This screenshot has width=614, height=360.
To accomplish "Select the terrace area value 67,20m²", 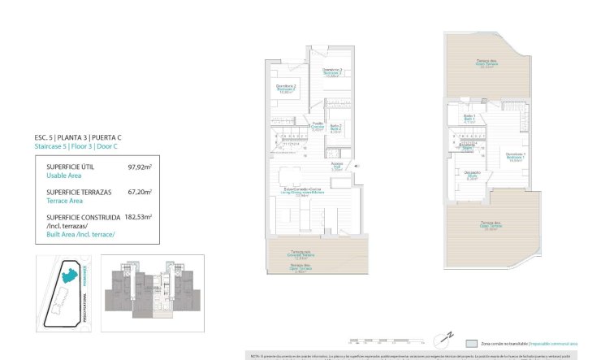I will (141, 193).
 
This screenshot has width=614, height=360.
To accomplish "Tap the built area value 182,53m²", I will (140, 218).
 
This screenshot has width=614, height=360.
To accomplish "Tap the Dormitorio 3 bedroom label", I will (331, 72).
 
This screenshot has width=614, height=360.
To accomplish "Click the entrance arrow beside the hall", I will (355, 166).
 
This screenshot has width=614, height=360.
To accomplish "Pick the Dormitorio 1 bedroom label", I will (516, 158).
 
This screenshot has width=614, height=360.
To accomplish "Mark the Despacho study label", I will (472, 176).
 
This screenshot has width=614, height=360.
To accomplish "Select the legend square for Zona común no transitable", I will (472, 343).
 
